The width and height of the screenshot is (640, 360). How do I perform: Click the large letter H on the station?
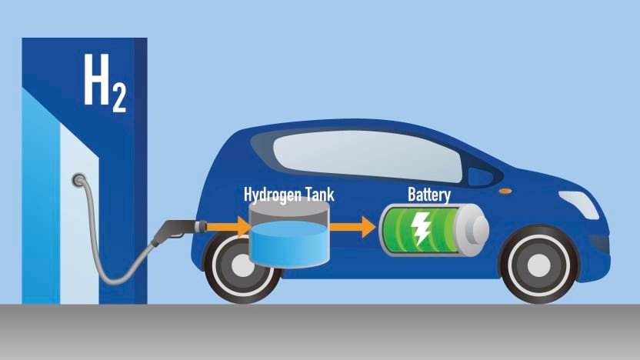coord(97,79)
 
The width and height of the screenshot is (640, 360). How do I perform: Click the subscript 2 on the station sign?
coord(119,98)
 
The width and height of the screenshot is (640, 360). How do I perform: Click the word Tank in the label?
coord(320,195)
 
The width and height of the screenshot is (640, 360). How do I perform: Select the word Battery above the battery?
coord(429,195)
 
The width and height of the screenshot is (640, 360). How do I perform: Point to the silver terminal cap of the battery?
coord(474,230)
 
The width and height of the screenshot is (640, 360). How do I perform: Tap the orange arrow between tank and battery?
coord(352,227)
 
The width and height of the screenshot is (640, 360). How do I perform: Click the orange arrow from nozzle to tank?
coord(228,227)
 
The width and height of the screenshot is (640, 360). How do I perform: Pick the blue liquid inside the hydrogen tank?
coord(289,244)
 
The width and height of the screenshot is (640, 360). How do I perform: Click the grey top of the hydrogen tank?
coord(289,208)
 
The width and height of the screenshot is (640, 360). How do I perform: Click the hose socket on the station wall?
coord(78,180)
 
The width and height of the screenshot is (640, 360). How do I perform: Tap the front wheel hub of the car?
coord(539,265)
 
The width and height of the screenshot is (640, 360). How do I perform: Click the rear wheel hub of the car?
coord(242,265)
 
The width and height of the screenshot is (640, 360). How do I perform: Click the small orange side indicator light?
coord(505,191)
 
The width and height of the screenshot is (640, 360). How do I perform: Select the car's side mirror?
coord(481,177)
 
